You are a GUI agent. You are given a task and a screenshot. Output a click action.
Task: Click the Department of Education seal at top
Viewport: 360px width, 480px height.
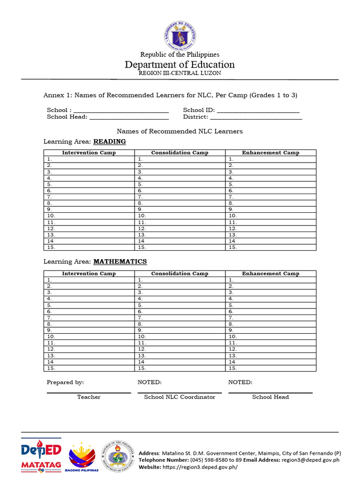tap(180, 36)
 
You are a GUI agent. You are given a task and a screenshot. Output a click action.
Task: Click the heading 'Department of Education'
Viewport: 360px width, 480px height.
tap(180, 65)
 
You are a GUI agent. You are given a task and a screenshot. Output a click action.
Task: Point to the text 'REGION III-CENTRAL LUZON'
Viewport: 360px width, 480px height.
tap(180, 73)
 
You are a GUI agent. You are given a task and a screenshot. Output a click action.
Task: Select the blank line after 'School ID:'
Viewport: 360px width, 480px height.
tap(258, 111)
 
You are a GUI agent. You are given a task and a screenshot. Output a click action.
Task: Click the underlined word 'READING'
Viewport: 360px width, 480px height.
tap(110, 142)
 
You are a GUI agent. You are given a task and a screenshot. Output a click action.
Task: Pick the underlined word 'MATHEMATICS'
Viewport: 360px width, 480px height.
tap(120, 262)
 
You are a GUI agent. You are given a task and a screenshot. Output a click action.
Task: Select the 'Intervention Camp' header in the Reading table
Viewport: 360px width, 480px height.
tap(89, 153)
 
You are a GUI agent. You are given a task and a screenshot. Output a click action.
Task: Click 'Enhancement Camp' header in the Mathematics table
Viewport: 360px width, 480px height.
tap(270, 274)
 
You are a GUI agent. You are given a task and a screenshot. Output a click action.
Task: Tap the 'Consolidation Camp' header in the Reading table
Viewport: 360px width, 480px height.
tap(180, 153)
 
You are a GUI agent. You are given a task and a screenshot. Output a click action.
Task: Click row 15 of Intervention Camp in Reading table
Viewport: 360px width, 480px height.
tap(89, 247)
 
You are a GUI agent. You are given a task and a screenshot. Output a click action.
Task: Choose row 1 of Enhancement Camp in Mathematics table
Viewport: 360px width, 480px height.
tap(270, 280)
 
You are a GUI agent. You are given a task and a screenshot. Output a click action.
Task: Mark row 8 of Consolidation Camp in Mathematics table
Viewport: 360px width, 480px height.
tap(180, 324)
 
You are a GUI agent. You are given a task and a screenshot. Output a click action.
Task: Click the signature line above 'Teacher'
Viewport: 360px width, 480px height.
tap(89, 392)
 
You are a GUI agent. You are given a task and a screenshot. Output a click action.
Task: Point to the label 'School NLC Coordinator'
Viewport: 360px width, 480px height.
tap(180, 397)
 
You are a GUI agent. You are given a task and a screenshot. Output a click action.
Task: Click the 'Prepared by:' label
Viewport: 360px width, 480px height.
tap(65, 382)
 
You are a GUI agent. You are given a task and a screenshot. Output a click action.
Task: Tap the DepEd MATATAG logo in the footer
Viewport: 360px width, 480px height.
tap(41, 455)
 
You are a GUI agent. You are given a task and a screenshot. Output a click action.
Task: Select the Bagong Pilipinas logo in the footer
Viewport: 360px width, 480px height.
tap(84, 457)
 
